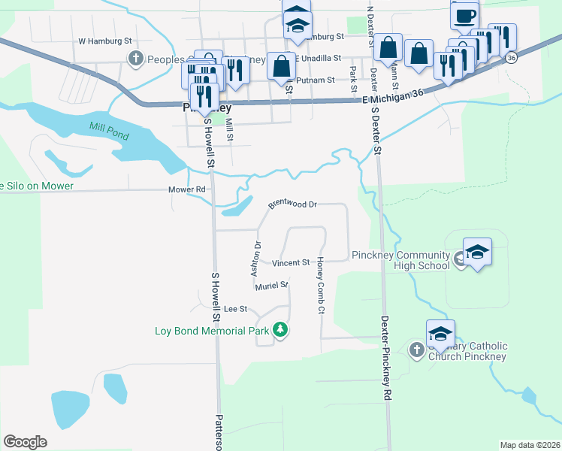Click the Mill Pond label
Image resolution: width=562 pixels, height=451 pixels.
(x=109, y=131)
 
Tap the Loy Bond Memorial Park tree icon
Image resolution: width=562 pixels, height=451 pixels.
(x=280, y=330)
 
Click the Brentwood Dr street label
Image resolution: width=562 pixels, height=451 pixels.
(x=293, y=204)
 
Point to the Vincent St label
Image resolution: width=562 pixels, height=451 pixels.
(x=291, y=263)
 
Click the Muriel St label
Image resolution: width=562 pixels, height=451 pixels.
(x=271, y=286)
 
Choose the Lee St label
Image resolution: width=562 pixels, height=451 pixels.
(x=236, y=309)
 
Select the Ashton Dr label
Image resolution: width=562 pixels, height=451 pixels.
(x=255, y=256)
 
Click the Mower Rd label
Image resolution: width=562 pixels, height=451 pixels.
(x=189, y=190)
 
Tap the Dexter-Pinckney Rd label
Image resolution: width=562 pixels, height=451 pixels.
(x=387, y=357)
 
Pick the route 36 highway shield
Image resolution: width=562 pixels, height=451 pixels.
(x=512, y=58)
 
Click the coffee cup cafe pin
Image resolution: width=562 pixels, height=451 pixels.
(x=464, y=15)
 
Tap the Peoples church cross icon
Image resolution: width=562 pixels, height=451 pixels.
(x=136, y=59)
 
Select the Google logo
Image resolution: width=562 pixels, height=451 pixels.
(x=25, y=442)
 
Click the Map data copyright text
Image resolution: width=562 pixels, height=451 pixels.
(x=529, y=445)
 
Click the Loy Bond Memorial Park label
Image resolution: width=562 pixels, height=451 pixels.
(x=212, y=330)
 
